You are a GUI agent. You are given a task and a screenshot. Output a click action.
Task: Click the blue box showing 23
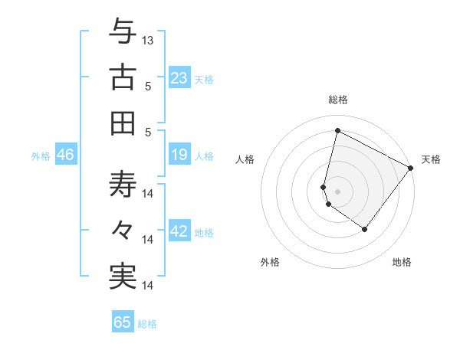click(179, 78)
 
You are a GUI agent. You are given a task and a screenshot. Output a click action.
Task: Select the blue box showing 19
click(179, 155)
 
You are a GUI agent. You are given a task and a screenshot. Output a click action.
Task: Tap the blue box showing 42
click(179, 232)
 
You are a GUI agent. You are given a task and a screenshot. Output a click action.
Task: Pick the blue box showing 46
click(66, 155)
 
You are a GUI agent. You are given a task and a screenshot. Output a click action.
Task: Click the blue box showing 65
click(123, 322)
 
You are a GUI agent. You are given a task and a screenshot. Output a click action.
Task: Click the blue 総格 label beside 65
click(147, 324)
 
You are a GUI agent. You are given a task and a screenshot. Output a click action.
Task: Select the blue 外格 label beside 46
click(41, 156)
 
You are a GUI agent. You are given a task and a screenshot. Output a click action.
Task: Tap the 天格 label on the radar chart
click(431, 159)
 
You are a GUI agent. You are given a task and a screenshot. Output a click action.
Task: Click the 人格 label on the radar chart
click(245, 159)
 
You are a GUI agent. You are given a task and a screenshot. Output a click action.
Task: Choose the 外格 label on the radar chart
click(270, 262)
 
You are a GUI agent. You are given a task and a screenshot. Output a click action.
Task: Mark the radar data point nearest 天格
click(410, 169)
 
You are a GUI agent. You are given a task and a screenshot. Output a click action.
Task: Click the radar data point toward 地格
click(365, 229)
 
